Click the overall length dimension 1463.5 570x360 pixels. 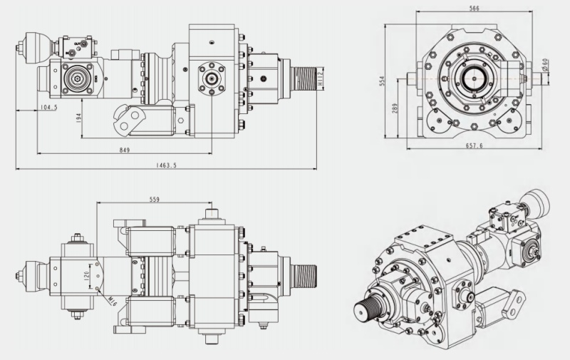[165, 165]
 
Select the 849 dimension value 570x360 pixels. [125, 149]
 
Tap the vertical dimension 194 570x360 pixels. [78, 115]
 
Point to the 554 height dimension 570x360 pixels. [383, 82]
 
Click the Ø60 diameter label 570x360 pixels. [545, 68]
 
